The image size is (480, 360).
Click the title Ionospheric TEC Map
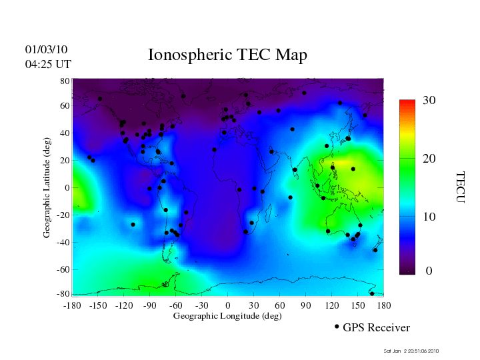(227, 55)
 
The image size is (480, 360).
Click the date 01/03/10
(47, 50)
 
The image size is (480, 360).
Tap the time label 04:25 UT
(48, 64)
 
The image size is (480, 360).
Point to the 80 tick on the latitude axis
(65, 81)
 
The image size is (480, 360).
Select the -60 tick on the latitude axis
(63, 269)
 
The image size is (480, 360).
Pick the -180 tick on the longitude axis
(72, 305)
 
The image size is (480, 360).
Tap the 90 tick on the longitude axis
(306, 305)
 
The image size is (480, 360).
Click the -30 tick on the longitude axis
(201, 305)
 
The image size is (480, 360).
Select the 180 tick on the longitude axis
(384, 305)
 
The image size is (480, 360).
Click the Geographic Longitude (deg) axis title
(227, 316)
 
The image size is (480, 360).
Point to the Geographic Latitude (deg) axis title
(47, 193)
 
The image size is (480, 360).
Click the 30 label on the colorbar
(429, 101)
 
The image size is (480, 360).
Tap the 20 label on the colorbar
(429, 161)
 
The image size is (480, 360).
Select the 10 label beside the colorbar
(429, 217)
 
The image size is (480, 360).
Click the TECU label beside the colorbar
(460, 187)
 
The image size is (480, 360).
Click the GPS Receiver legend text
(376, 328)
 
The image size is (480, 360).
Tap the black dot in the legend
(337, 327)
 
